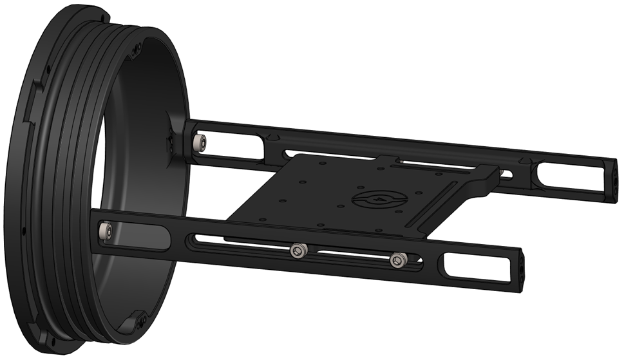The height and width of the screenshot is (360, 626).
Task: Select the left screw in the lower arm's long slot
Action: (x=297, y=251)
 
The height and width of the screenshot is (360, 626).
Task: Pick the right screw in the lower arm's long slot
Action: (x=397, y=260)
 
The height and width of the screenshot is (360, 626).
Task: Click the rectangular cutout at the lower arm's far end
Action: (x=469, y=265)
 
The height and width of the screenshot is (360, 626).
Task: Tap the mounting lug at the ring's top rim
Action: (x=135, y=48)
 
